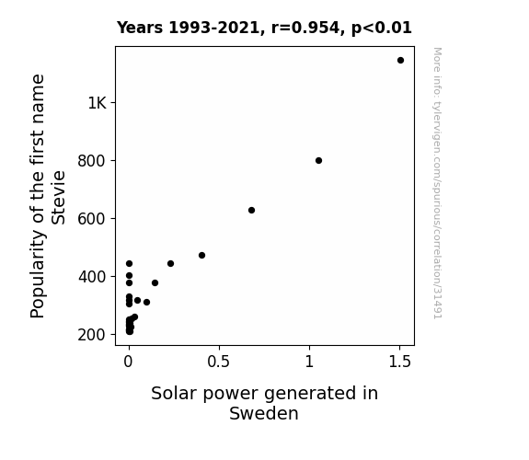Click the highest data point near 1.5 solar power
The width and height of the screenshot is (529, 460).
400,61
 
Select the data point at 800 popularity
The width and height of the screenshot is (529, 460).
319,161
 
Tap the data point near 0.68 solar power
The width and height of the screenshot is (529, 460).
251,211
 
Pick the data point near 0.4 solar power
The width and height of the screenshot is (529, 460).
201,256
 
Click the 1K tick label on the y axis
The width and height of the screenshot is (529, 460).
98,103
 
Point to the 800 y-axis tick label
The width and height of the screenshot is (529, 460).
92,161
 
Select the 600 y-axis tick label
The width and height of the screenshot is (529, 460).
92,219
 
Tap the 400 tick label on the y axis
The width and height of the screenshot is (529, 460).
92,277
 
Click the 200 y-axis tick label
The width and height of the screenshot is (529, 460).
92,335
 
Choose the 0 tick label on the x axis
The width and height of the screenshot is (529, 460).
128,362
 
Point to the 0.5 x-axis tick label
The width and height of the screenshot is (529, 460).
219,362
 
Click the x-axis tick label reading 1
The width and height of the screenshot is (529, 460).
309,362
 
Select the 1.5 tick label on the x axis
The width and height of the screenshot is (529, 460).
400,362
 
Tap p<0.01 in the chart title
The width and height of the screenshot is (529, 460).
382,29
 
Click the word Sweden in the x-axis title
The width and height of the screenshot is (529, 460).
264,413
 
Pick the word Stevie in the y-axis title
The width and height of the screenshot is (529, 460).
58,198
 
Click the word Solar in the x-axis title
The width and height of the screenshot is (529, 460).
175,393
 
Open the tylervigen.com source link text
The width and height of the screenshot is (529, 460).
438,183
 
